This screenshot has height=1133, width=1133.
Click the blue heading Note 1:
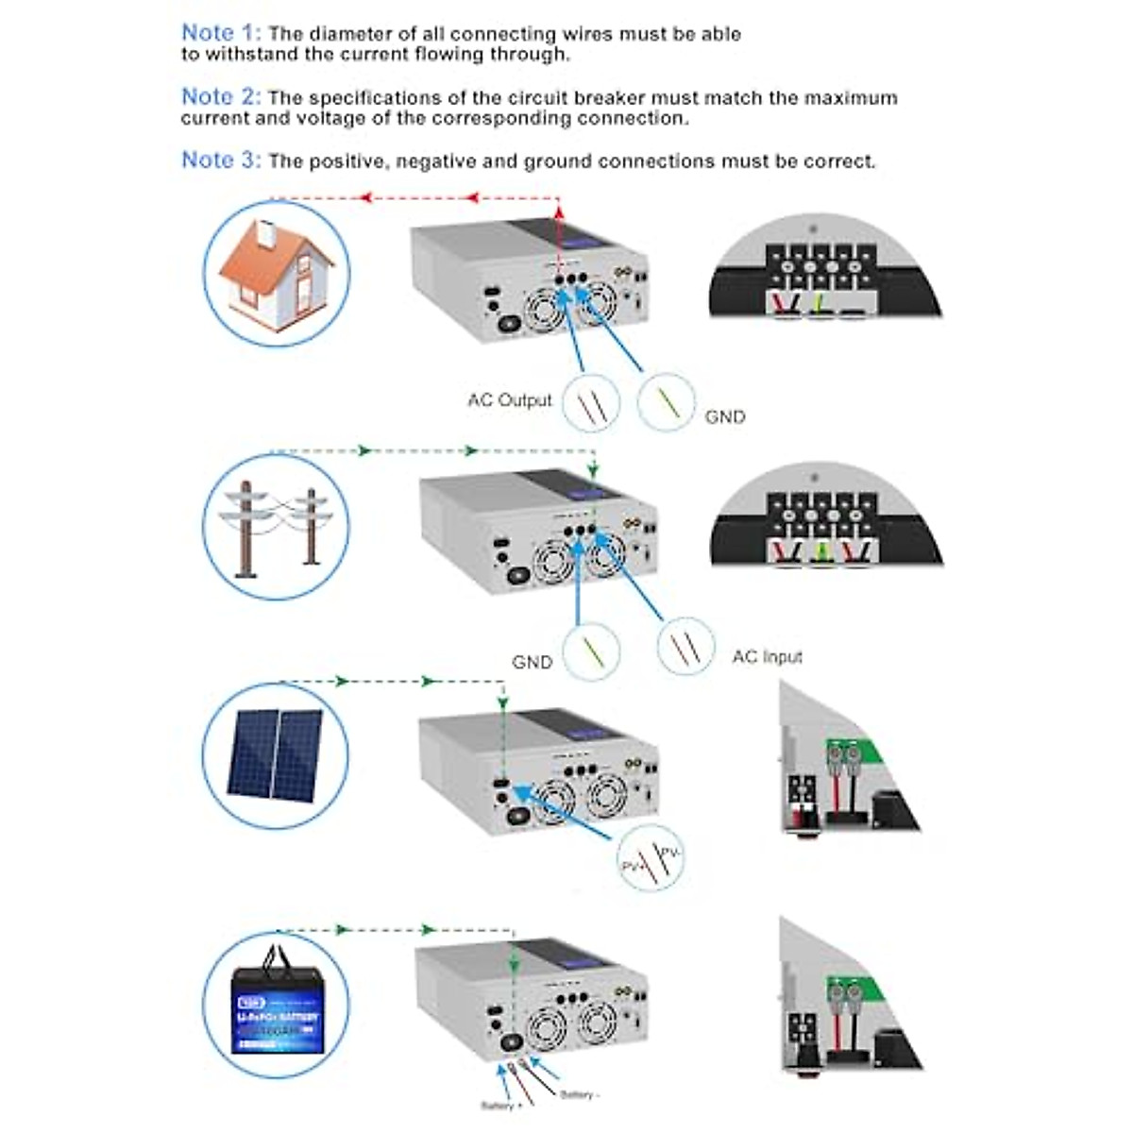[221, 33]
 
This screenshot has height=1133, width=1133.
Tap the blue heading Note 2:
[221, 97]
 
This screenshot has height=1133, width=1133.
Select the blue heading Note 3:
[221, 161]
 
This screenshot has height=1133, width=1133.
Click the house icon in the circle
[276, 274]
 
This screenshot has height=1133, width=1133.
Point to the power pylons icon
[276, 527]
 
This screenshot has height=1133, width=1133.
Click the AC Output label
[509, 400]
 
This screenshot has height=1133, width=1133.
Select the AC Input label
[767, 656]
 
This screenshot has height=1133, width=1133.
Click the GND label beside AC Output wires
[724, 416]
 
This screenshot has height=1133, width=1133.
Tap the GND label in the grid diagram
[532, 662]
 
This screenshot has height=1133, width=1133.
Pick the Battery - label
[580, 1095]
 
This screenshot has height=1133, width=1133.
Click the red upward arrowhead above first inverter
[558, 213]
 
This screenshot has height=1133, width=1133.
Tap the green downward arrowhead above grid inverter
[592, 470]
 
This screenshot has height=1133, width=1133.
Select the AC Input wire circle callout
[685, 647]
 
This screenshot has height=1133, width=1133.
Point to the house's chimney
[267, 229]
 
